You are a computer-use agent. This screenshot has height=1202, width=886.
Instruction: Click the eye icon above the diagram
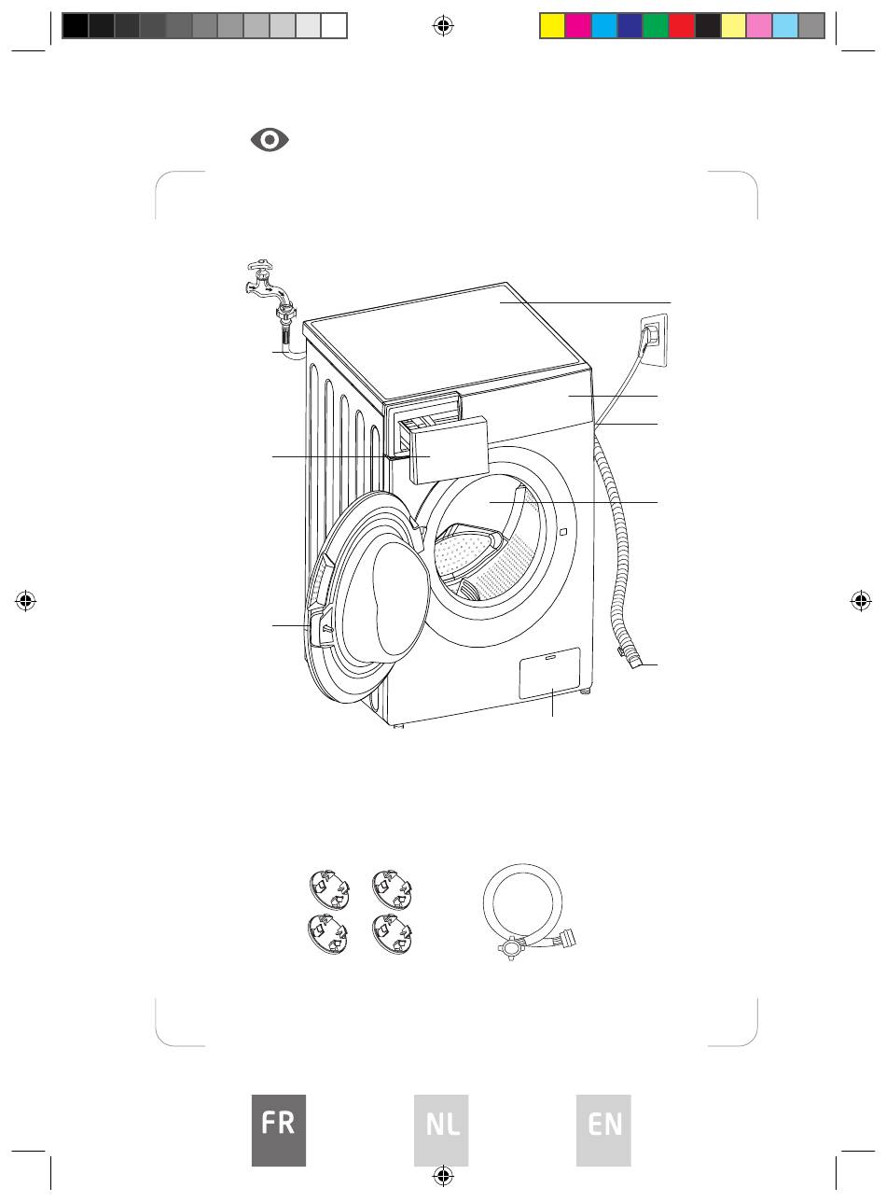(x=270, y=140)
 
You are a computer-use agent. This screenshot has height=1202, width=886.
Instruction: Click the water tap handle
(x=260, y=265)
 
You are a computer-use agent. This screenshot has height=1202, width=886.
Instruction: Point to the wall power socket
(x=654, y=341)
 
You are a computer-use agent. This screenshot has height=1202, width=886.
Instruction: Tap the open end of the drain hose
(x=637, y=664)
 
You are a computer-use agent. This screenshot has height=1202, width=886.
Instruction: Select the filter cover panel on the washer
(x=549, y=673)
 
